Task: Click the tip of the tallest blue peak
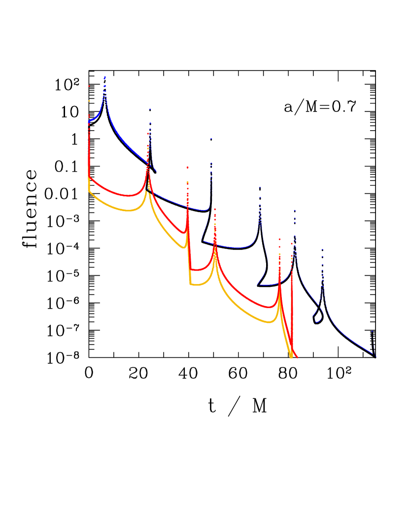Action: click(105, 77)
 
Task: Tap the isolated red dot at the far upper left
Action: click(89, 86)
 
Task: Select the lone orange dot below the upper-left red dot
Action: click(89, 101)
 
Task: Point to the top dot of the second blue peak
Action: click(150, 109)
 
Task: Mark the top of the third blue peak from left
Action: click(211, 139)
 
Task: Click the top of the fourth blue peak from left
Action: click(260, 188)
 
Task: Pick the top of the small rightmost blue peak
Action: click(373, 331)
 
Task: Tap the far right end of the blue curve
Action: click(376, 356)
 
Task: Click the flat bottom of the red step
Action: click(196, 270)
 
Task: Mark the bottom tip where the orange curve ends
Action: click(291, 356)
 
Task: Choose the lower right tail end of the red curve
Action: click(297, 357)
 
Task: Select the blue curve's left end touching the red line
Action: click(89, 121)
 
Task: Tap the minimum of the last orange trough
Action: click(269, 322)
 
